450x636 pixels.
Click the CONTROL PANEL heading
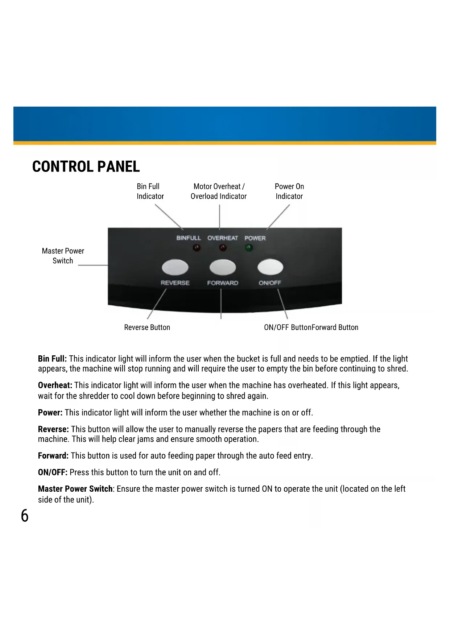tap(86, 167)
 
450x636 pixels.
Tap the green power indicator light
tap(249, 248)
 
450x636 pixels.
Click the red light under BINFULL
tap(197, 248)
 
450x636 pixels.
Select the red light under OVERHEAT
tap(223, 248)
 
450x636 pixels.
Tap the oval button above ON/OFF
tap(270, 267)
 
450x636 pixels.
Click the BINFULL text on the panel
tap(189, 238)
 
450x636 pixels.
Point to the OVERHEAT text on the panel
tap(223, 238)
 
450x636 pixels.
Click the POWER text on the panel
tap(255, 238)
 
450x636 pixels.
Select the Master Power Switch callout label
tap(63, 256)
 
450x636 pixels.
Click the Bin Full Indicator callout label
tap(150, 191)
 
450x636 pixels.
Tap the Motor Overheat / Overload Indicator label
tap(219, 191)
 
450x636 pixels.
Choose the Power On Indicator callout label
tap(289, 191)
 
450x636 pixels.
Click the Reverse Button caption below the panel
tap(147, 327)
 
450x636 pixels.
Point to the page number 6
tap(25, 516)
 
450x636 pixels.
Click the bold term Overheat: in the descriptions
tap(55, 385)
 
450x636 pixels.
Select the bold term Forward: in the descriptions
tap(53, 456)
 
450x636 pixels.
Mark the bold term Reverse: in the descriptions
tap(53, 429)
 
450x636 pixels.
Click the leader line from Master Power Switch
tap(93, 265)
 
